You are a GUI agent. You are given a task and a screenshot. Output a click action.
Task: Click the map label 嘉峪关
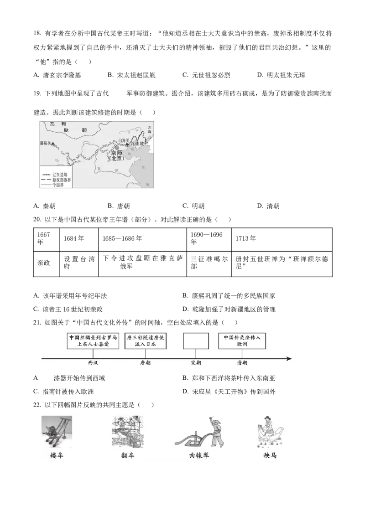(x=46, y=143)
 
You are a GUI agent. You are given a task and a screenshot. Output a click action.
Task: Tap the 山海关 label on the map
(x=125, y=141)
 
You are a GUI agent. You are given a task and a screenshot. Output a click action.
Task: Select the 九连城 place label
(x=137, y=144)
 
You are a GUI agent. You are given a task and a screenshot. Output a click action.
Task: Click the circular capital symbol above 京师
(x=116, y=148)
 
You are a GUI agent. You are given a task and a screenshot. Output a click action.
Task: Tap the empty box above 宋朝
(x=196, y=341)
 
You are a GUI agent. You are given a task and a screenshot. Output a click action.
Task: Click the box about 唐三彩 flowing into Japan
(x=146, y=341)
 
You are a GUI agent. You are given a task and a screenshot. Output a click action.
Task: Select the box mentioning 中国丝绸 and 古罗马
(x=93, y=341)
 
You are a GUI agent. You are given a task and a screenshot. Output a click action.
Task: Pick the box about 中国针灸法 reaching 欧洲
(x=242, y=341)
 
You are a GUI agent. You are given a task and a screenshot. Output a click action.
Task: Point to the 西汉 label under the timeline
(x=93, y=363)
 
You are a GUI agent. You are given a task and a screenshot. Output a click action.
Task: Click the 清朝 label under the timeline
(x=242, y=363)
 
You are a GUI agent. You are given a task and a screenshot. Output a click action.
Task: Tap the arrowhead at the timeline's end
(x=289, y=359)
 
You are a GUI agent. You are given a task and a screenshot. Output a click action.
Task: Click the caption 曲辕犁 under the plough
(x=199, y=455)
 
